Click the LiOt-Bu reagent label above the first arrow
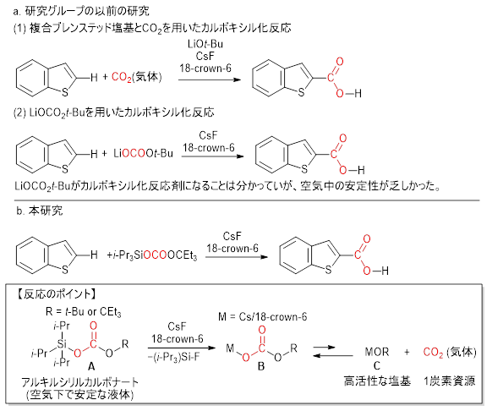click(x=205, y=44)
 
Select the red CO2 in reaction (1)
click(x=122, y=77)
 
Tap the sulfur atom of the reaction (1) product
click(x=301, y=92)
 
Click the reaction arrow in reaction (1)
click(x=210, y=79)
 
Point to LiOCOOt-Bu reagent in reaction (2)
click(x=144, y=153)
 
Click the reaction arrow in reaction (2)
click(x=213, y=156)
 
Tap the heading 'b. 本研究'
click(x=40, y=211)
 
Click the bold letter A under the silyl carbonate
click(x=91, y=366)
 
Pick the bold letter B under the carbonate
click(x=261, y=366)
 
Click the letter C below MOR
click(x=376, y=365)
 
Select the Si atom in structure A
click(x=62, y=344)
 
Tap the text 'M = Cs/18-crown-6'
click(x=262, y=317)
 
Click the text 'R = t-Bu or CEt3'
click(x=83, y=312)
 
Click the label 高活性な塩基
click(x=377, y=381)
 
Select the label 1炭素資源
click(x=450, y=381)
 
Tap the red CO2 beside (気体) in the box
click(x=433, y=353)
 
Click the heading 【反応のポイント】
click(x=56, y=294)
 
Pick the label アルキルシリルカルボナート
click(x=80, y=382)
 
